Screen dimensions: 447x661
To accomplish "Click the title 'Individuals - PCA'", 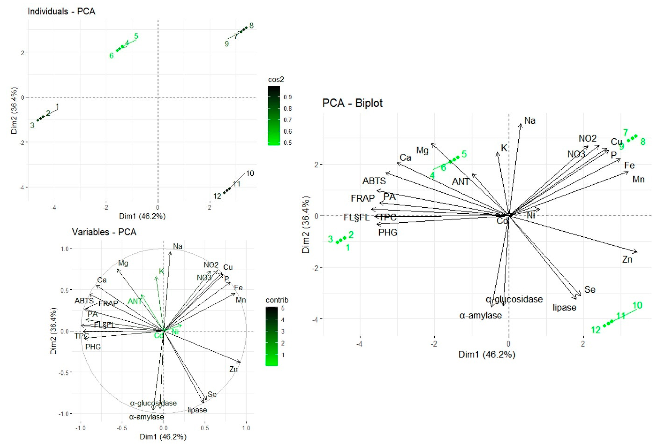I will tap(61, 11).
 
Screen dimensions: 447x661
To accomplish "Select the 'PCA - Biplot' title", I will tap(352, 103).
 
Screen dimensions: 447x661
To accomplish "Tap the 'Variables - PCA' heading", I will tap(104, 232).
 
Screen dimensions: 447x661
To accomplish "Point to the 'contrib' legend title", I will tap(277, 300).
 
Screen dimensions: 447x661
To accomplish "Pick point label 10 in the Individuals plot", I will tap(250, 173).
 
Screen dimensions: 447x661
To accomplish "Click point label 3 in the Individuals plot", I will tap(32, 125).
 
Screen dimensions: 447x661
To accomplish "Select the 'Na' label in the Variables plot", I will tap(178, 246).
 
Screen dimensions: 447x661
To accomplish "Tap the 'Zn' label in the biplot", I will tap(627, 259).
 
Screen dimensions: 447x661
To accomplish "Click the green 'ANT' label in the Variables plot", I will tap(134, 301).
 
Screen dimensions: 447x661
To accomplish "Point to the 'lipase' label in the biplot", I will tap(565, 308).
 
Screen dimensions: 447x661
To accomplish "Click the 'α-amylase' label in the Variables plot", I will tap(147, 417).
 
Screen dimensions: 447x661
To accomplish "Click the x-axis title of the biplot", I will tap(487, 354).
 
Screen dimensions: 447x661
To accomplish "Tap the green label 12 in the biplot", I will tap(596, 330).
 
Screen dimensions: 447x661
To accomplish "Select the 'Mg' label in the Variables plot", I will tap(123, 263).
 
